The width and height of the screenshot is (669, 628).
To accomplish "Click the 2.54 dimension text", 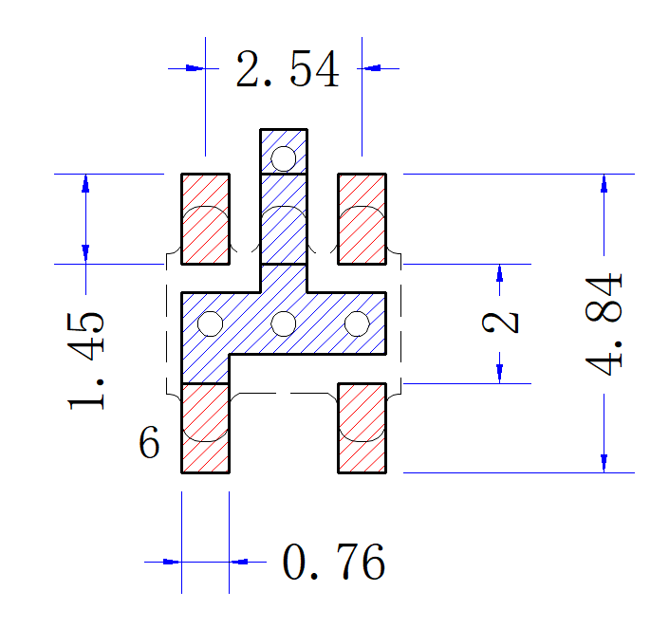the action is point(288,69).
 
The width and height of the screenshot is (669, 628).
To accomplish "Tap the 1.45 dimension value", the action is point(85,361).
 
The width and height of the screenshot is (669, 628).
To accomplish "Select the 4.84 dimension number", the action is point(604,324).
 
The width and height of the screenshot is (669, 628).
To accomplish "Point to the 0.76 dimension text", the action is point(334,562).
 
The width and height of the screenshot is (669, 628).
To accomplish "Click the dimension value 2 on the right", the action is point(500,323).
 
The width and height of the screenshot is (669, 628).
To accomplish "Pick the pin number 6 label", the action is point(149,442).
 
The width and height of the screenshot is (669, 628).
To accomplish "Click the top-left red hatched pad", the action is point(206,219).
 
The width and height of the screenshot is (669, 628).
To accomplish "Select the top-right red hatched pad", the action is point(362,219).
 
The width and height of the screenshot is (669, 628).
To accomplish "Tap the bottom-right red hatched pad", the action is point(362,428).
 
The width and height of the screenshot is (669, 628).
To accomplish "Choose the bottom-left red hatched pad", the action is point(206,428).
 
